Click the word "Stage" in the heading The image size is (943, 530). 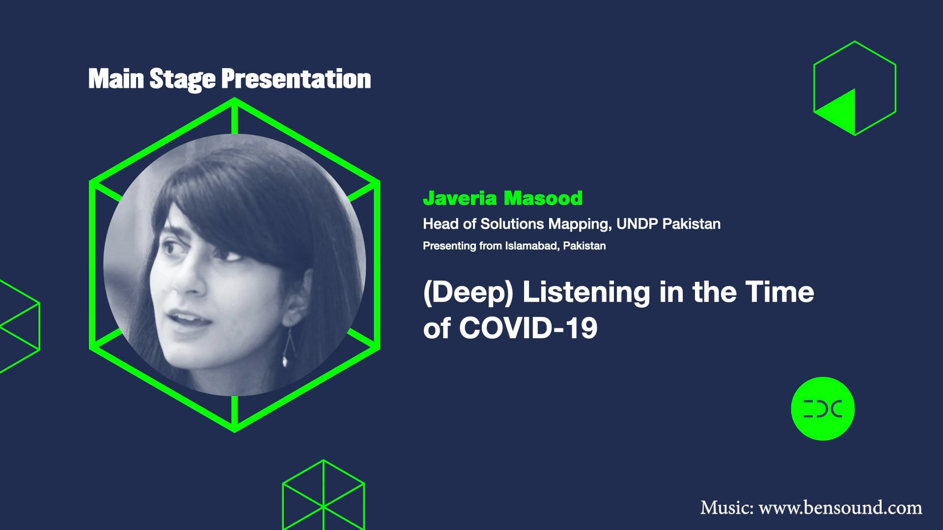[182, 79]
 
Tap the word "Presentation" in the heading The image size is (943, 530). [296, 79]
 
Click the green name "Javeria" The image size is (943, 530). [460, 198]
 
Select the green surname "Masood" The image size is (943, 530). [543, 198]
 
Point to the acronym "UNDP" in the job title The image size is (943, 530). [637, 224]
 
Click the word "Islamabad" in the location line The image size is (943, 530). [531, 246]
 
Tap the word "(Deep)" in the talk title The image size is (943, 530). [468, 292]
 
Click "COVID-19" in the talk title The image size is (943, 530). [528, 328]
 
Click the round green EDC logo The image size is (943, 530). [823, 409]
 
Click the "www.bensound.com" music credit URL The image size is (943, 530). [840, 507]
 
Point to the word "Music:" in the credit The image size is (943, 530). [726, 507]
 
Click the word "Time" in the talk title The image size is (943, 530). [779, 292]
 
